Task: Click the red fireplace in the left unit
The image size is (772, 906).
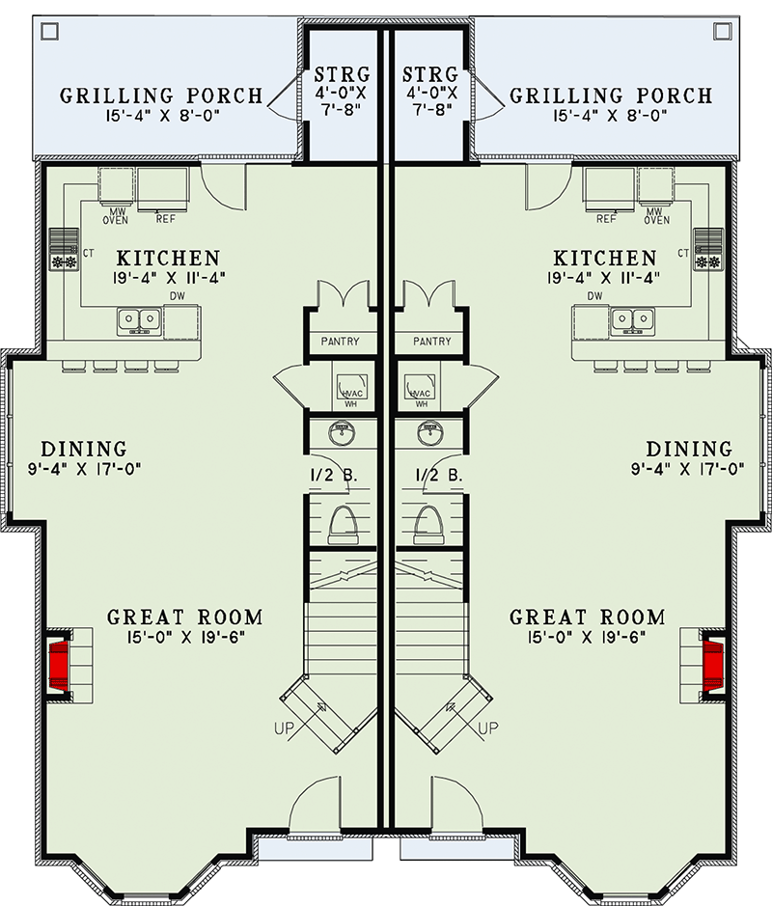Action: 59,662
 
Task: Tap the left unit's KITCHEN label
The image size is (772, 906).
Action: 168,259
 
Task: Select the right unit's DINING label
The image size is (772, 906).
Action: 689,449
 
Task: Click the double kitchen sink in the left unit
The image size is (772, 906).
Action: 140,320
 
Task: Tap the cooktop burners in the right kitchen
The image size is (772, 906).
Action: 708,261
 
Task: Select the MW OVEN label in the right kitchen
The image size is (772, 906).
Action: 656,214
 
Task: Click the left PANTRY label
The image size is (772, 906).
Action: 340,342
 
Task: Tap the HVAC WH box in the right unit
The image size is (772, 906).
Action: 419,386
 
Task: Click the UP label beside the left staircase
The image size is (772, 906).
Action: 284,728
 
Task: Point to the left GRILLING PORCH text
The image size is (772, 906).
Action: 161,96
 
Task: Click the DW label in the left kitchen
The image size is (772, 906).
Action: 174,296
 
